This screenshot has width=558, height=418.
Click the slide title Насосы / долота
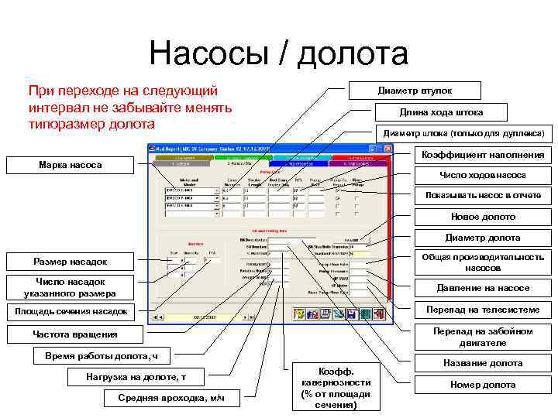tap(279, 54)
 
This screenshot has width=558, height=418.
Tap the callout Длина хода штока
tap(441, 112)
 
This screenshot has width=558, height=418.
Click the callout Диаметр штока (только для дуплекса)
tap(463, 133)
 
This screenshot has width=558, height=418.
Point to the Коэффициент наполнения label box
tap(483, 155)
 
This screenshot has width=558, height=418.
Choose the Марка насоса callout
tap(70, 166)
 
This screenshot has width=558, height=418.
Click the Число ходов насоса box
tap(483, 176)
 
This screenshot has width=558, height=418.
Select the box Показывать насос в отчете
tap(483, 195)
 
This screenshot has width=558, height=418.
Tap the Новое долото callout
tap(483, 217)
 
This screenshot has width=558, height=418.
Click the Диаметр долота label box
tap(483, 238)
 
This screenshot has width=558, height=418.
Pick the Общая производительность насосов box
tap(483, 262)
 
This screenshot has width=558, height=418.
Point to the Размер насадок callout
tap(70, 262)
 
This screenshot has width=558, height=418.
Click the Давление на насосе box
tap(483, 288)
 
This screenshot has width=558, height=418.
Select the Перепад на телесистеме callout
tap(483, 310)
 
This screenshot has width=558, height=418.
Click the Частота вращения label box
tap(75, 334)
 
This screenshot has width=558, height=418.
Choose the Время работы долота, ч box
tap(102, 356)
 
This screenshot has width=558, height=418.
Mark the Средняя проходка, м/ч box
tap(171, 398)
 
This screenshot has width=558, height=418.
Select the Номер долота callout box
tap(483, 385)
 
